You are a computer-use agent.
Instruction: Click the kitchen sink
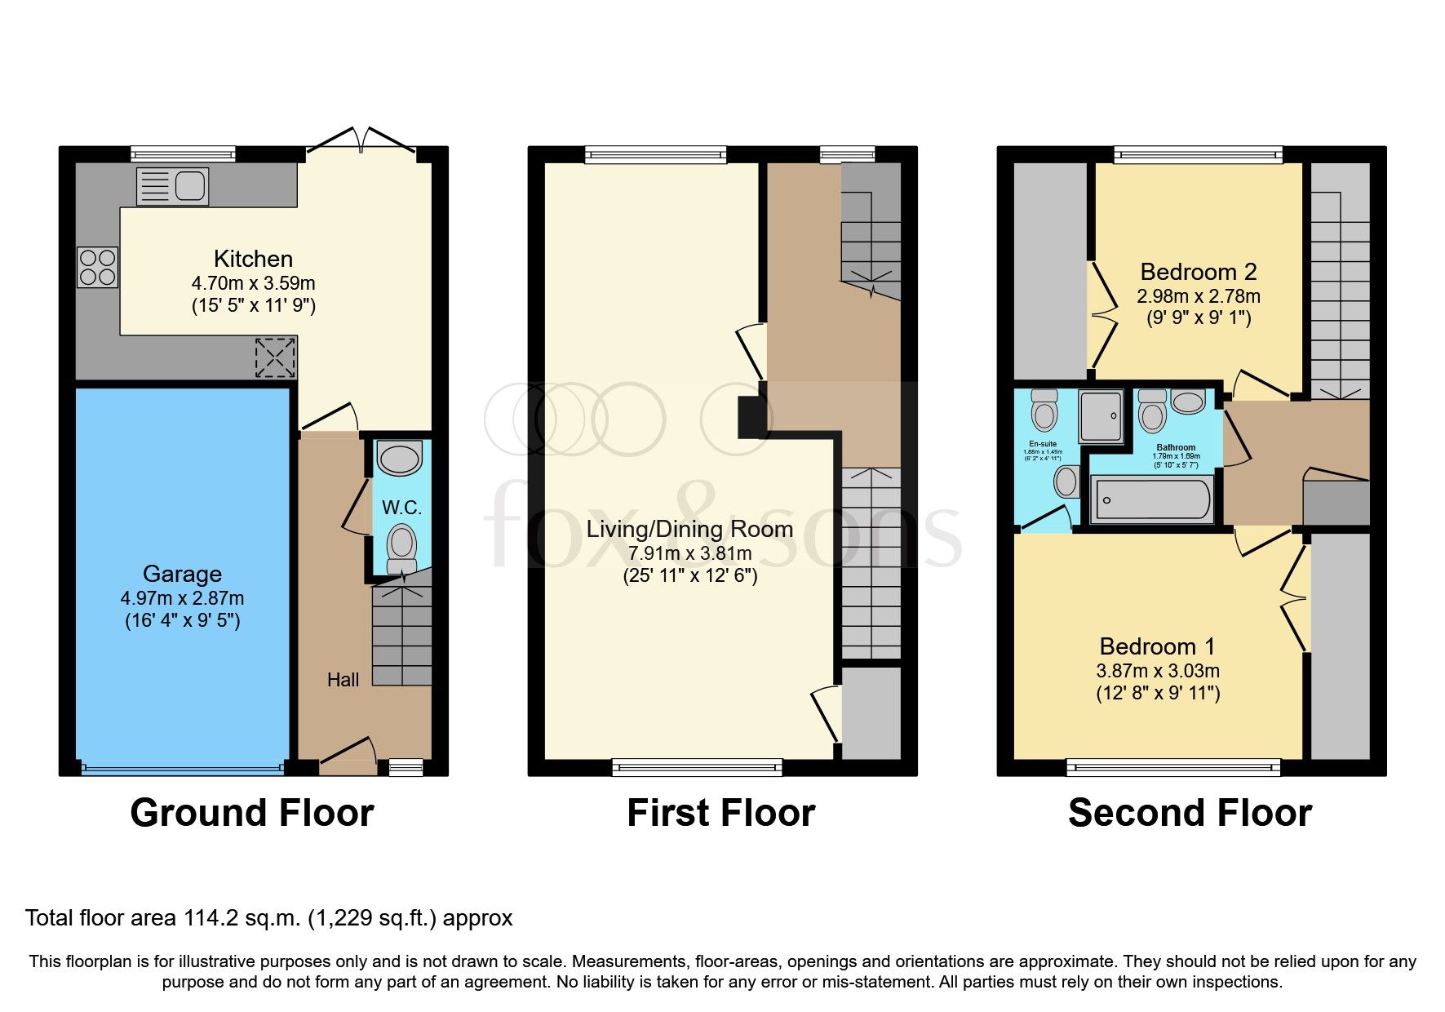173,186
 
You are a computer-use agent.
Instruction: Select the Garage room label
182,574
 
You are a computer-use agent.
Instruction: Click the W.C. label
401,508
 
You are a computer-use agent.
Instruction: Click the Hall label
343,680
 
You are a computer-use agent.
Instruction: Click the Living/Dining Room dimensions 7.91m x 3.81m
689,553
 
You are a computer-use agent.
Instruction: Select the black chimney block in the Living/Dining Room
751,416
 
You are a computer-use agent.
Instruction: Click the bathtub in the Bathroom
1153,498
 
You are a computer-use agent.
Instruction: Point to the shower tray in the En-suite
1101,415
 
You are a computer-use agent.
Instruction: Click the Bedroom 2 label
1198,272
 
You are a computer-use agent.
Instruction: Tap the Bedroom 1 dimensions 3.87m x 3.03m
1157,671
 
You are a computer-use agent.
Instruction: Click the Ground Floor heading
251,813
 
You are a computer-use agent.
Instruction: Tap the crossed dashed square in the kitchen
276,357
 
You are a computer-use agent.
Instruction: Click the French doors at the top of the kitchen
361,140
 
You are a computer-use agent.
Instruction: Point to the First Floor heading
720,813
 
